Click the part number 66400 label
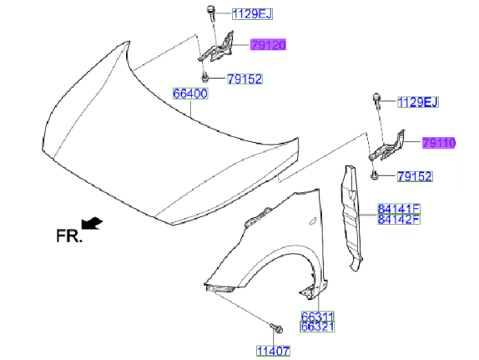pyautogui.click(x=190, y=93)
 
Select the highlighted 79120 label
pyautogui.click(x=268, y=45)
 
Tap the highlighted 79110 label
pyautogui.click(x=438, y=143)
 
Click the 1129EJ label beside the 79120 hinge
pyautogui.click(x=252, y=14)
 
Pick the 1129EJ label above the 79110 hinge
pyautogui.click(x=418, y=102)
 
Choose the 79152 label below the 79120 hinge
pyautogui.click(x=245, y=79)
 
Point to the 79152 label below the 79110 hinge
pyautogui.click(x=414, y=176)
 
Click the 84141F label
pyautogui.click(x=399, y=209)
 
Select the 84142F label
pyautogui.click(x=399, y=220)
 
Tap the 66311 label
pyautogui.click(x=318, y=316)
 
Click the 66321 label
pyautogui.click(x=318, y=326)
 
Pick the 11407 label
pyautogui.click(x=273, y=351)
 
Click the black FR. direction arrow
pyautogui.click(x=92, y=223)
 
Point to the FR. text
pyautogui.click(x=69, y=236)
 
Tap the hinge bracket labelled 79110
pyautogui.click(x=387, y=146)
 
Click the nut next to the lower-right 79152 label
pyautogui.click(x=374, y=176)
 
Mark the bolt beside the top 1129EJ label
pyautogui.click(x=211, y=13)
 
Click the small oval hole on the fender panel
pyautogui.click(x=313, y=221)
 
